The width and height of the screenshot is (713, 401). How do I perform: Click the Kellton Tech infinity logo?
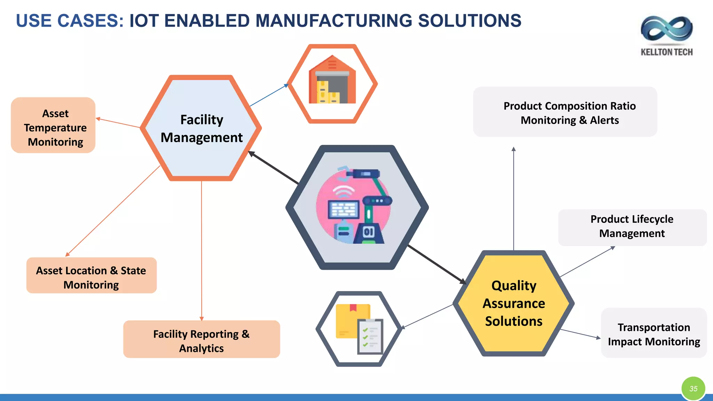click(666, 30)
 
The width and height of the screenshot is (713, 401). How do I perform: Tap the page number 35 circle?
click(693, 388)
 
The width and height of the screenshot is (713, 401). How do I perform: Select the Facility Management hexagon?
click(201, 128)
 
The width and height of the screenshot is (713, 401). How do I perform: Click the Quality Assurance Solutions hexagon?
click(514, 303)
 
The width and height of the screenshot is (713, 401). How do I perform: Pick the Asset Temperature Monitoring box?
click(53, 125)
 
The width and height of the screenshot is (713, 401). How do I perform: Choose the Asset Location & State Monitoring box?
click(91, 275)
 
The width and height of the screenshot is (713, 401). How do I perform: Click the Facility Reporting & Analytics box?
click(201, 339)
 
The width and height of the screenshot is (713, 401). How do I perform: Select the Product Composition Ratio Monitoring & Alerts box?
click(565, 112)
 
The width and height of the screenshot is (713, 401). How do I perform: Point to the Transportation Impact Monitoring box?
click(653, 333)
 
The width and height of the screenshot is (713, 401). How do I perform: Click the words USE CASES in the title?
click(70, 21)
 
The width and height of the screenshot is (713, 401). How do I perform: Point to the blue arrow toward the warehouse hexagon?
click(269, 95)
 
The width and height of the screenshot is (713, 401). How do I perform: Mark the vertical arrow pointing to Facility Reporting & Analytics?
click(202, 251)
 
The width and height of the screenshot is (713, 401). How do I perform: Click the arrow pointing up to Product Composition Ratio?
click(514, 198)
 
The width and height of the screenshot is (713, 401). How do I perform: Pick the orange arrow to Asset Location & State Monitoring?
click(113, 211)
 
